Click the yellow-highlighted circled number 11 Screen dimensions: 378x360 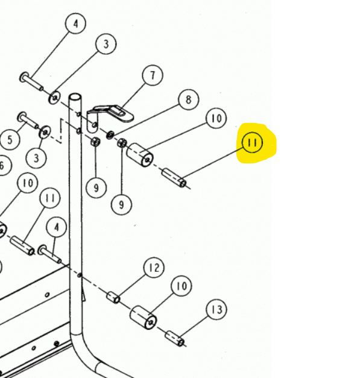coord(253,143)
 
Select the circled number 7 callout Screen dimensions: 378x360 coord(153,75)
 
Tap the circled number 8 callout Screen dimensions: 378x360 coord(188,99)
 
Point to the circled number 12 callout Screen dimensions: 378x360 coord(154,268)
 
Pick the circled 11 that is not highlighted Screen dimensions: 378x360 coord(50,198)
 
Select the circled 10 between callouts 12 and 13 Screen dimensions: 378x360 coord(182,286)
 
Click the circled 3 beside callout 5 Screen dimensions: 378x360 coord(36,158)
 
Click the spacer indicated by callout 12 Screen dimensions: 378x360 coord(113,297)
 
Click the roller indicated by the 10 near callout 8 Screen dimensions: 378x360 coord(140,156)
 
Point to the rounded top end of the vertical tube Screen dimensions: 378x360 coord(75,97)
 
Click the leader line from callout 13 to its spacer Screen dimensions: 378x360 coord(195,326)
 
